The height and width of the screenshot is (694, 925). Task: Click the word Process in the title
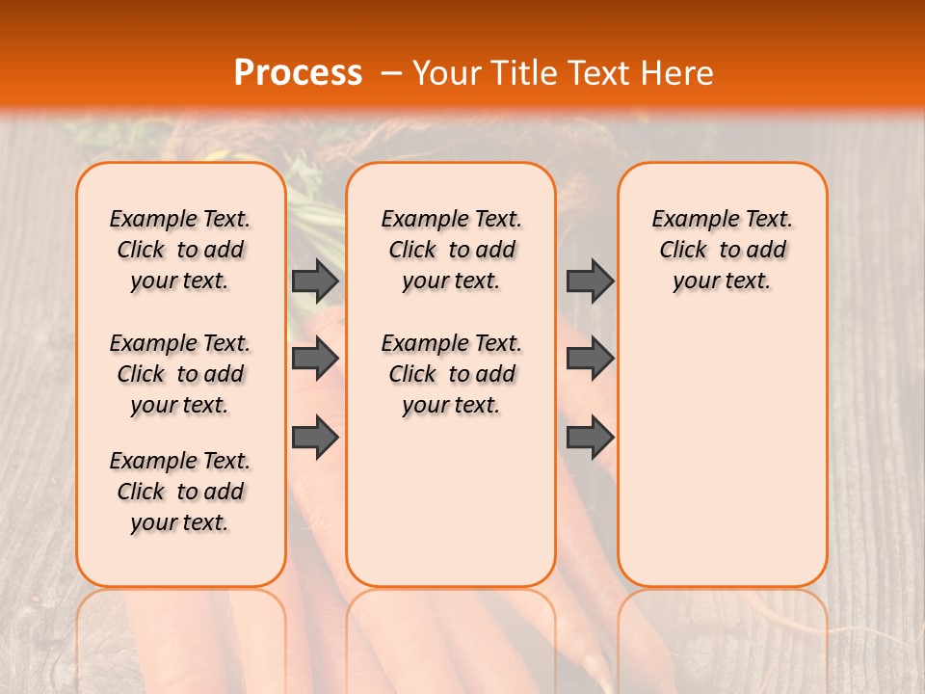point(298,73)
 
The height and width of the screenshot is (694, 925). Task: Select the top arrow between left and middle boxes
point(315,280)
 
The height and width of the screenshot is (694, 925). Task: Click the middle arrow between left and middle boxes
point(315,359)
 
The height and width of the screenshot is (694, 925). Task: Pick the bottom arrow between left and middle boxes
point(315,439)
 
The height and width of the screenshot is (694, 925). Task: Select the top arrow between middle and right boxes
point(590,280)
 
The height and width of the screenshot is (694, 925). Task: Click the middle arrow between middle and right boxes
point(590,359)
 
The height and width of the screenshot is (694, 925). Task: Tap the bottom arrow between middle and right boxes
point(590,439)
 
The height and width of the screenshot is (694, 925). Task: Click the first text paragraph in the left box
point(180,250)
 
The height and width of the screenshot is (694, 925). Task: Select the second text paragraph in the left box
point(180,374)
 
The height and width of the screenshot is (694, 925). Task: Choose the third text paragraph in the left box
point(180,492)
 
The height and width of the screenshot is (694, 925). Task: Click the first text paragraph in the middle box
point(451,250)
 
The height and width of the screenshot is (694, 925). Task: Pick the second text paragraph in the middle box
point(451,374)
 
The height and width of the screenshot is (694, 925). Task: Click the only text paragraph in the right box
point(722,250)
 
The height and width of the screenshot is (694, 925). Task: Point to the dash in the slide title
point(391,74)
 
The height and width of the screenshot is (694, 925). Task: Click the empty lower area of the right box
point(722,453)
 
